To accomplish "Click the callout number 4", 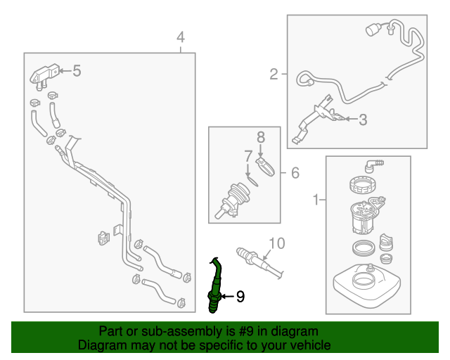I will (x=181, y=37).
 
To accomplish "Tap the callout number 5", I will (x=77, y=70).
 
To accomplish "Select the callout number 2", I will (x=274, y=73).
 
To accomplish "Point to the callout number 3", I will (x=363, y=120).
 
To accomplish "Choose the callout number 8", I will (x=259, y=137).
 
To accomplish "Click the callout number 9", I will (x=240, y=297).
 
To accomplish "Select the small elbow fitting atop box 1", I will (x=371, y=165).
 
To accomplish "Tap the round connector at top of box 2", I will (x=372, y=30).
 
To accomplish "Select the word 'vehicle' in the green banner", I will (x=305, y=345).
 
